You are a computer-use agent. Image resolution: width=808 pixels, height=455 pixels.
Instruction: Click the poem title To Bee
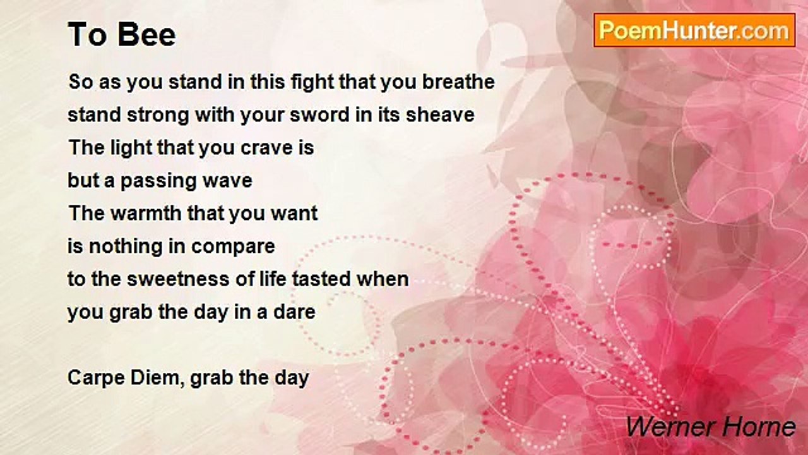[122, 35]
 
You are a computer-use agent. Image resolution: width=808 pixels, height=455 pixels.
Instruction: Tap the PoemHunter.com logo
[694, 30]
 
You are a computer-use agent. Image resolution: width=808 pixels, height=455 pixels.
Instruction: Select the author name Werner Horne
[711, 427]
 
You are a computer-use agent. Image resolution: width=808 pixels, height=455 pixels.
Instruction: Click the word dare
[294, 312]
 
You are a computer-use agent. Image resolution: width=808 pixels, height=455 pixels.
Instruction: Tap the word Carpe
[97, 379]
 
